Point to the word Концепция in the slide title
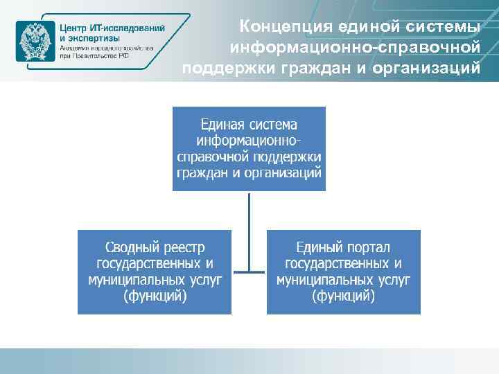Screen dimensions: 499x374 tap(285, 27)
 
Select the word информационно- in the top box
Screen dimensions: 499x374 tap(249, 141)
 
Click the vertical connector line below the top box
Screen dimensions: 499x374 tap(249, 222)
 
